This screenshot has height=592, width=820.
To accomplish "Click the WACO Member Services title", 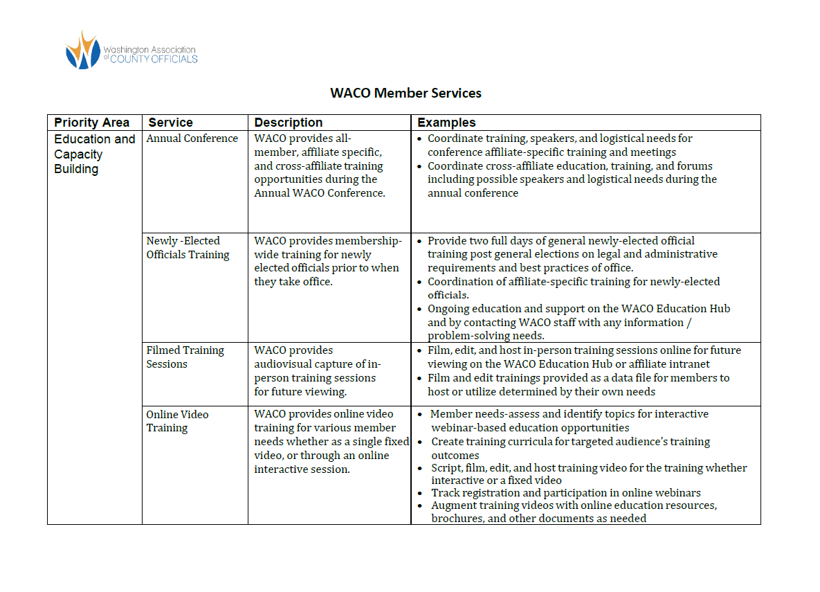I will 406,93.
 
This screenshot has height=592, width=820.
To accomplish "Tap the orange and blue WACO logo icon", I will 83,51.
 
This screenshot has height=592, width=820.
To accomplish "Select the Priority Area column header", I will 92,123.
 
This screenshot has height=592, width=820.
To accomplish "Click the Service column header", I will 170,123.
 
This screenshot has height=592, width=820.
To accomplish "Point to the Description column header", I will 288,123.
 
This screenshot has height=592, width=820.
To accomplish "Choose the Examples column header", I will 446,123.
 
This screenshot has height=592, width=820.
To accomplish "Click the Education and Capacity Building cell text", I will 94,154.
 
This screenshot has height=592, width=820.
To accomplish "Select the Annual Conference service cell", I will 192,138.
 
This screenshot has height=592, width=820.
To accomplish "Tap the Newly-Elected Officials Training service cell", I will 188,248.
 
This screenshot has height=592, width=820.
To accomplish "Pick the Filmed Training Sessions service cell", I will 185,357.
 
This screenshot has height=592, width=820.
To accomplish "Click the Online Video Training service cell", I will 177,421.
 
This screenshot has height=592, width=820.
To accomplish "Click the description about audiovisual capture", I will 317,370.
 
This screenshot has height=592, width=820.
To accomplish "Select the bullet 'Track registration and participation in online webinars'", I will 565,493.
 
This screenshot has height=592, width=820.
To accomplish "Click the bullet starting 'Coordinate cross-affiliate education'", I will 572,179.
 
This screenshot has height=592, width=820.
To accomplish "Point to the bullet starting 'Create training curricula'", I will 570,448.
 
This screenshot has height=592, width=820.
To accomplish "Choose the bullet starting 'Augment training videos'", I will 574,512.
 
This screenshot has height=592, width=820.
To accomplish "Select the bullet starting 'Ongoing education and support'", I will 578,322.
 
